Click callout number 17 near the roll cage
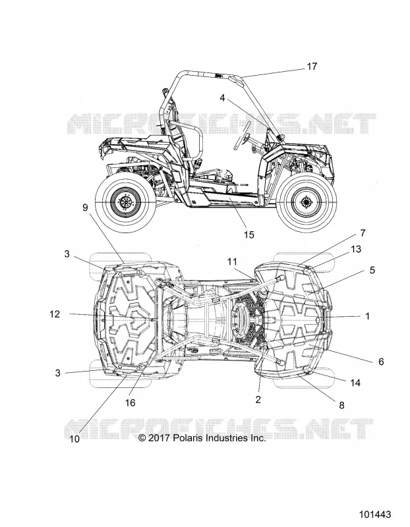pyautogui.click(x=312, y=67)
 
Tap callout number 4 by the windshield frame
pyautogui.click(x=222, y=97)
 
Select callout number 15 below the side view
pyautogui.click(x=249, y=235)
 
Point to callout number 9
pyautogui.click(x=85, y=208)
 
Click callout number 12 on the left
pyautogui.click(x=55, y=314)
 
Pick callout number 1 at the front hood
pyautogui.click(x=368, y=316)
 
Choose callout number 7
pyautogui.click(x=363, y=233)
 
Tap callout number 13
pyautogui.click(x=356, y=249)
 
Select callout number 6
pyautogui.click(x=381, y=362)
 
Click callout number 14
pyautogui.click(x=355, y=383)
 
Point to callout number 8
pyautogui.click(x=341, y=405)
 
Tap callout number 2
pyautogui.click(x=258, y=399)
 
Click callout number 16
pyautogui.click(x=130, y=402)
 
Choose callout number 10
pyautogui.click(x=74, y=439)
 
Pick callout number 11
pyautogui.click(x=232, y=262)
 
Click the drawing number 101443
pyautogui.click(x=375, y=514)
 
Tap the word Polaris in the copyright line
pyautogui.click(x=189, y=438)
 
